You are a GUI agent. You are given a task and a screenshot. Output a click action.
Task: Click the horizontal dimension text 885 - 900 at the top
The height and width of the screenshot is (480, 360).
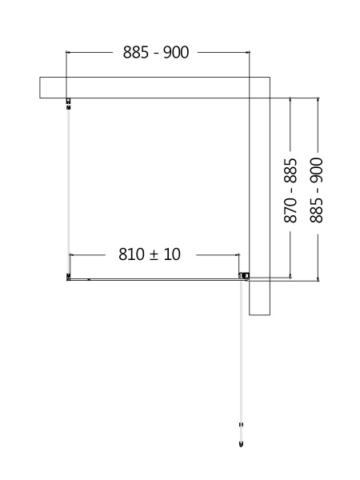156,53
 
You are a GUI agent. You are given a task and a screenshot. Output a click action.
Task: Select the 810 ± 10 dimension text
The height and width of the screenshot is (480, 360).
150,254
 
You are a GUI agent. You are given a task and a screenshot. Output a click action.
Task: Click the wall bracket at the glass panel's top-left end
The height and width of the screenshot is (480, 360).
68,102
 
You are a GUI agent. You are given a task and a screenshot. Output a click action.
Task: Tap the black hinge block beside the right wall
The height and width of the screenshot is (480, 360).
244,277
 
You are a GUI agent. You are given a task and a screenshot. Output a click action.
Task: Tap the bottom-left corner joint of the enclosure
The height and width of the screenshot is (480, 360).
69,278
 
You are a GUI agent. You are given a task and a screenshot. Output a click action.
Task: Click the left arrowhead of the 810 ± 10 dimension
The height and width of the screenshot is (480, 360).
72,254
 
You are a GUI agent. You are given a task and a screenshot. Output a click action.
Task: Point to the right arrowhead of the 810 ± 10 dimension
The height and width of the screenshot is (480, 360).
238,254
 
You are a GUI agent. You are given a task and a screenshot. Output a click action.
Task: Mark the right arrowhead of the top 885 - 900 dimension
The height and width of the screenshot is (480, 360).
250,53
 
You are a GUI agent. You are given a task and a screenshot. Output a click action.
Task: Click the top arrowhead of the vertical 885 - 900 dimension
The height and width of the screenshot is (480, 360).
318,100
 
